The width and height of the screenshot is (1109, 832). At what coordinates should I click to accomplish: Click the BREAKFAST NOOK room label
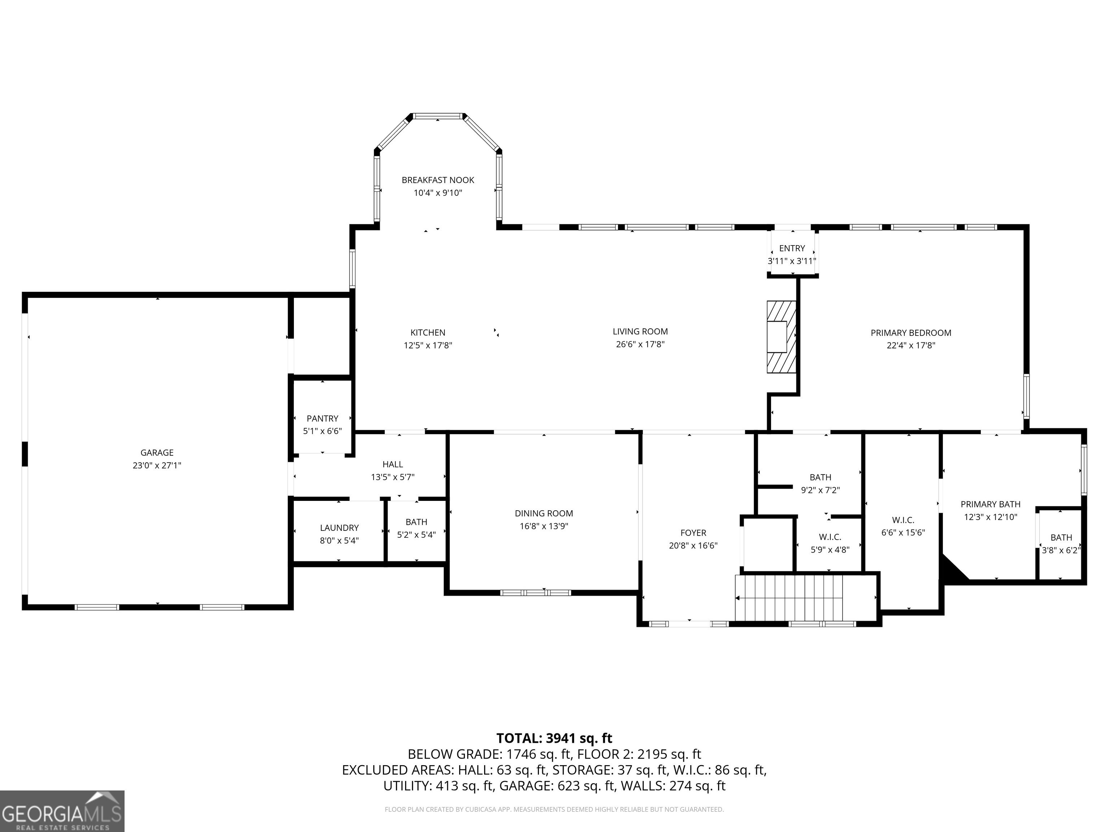[x=438, y=180]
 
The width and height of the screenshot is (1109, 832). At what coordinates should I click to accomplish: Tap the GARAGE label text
[x=157, y=452]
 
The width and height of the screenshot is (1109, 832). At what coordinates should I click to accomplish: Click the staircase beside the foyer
[x=789, y=597]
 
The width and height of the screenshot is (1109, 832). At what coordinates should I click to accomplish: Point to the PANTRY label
[x=322, y=418]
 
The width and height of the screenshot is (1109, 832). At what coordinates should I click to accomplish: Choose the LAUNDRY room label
[x=339, y=528]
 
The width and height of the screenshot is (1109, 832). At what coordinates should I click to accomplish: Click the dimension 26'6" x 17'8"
[x=640, y=344]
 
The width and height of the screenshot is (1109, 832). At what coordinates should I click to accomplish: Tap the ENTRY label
[x=792, y=248]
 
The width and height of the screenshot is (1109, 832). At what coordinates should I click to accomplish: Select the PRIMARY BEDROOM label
[x=911, y=333]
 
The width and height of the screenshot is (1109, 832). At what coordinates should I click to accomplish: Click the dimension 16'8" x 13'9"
[x=544, y=526]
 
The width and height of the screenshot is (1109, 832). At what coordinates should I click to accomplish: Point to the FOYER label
[x=693, y=533]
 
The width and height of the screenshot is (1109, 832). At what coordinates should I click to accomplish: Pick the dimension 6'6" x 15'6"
[x=903, y=533]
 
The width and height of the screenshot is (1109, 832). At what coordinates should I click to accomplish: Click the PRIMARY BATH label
[x=991, y=504]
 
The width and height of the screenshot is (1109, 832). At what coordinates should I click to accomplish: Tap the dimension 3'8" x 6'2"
[x=1061, y=550]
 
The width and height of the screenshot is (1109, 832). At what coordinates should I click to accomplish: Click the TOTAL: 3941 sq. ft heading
[x=554, y=738]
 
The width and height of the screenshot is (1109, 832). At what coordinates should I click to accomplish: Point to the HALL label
[x=392, y=464]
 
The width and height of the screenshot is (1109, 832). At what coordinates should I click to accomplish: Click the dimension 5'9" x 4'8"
[x=830, y=550]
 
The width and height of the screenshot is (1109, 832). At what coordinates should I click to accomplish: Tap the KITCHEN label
[x=428, y=333]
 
